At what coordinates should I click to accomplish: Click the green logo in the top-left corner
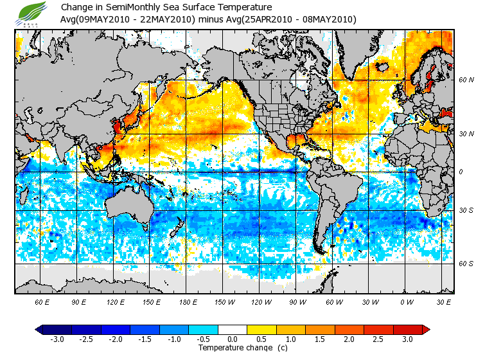tap(30, 12)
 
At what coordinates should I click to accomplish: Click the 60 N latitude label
tap(466, 80)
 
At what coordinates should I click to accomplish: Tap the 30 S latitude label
tap(466, 210)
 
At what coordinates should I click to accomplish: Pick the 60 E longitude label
tap(42, 301)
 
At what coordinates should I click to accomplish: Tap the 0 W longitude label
tap(407, 301)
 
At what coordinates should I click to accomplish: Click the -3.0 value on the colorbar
tap(57, 339)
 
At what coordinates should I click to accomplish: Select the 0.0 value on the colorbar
tap(233, 339)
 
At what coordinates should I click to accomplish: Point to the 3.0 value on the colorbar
tap(407, 339)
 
